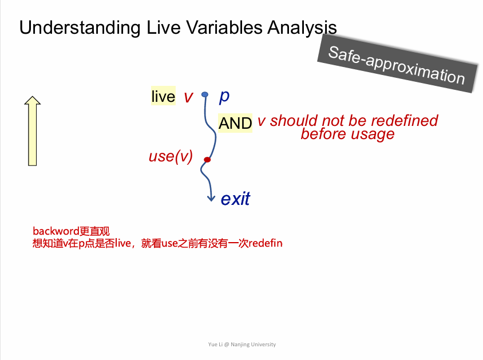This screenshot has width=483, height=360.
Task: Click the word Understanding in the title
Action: point(80,28)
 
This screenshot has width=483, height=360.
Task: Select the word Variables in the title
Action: point(224,27)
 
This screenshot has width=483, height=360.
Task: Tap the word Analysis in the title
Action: point(302,28)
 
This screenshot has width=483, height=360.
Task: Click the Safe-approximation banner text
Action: point(397,65)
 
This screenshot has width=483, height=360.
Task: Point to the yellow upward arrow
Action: point(33,131)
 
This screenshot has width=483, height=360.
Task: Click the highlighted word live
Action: point(163,96)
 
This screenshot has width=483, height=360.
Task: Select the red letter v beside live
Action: point(188,97)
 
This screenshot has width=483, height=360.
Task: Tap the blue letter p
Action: point(224,97)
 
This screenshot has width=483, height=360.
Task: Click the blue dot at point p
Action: point(204,94)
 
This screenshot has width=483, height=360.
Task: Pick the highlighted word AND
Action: point(235,123)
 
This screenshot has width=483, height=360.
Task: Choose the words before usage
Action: point(347,134)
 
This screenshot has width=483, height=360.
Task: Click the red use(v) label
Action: point(171,156)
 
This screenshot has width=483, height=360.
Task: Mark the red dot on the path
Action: point(207,160)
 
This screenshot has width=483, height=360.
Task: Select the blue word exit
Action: point(235,199)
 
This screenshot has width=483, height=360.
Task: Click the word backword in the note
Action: point(56,231)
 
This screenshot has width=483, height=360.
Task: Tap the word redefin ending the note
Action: point(266,243)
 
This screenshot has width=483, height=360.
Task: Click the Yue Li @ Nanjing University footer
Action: point(242,345)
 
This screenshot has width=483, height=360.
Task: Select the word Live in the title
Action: point(163,27)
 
